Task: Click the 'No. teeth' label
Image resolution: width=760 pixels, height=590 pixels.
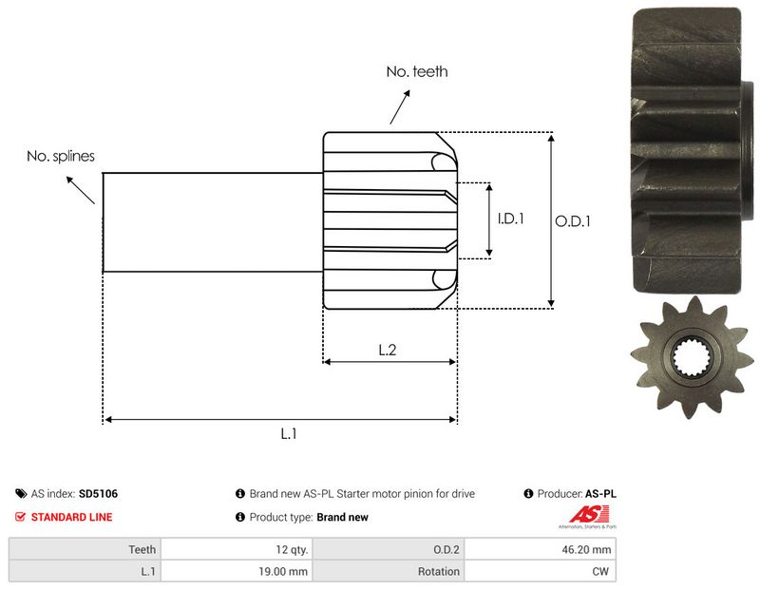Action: click(416, 71)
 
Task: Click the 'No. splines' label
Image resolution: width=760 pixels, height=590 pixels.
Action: click(61, 156)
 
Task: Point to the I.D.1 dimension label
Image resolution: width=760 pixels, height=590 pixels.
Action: click(511, 218)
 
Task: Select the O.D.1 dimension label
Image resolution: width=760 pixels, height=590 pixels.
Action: click(573, 220)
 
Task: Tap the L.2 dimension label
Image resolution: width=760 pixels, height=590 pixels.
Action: click(388, 350)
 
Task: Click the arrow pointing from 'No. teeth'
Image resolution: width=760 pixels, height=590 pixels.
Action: click(399, 106)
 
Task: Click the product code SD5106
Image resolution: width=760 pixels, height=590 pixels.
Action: click(99, 494)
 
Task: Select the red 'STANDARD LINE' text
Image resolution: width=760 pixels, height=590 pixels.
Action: click(71, 518)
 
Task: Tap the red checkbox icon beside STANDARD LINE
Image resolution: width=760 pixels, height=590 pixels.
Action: click(21, 518)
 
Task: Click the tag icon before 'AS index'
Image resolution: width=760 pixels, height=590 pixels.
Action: click(21, 494)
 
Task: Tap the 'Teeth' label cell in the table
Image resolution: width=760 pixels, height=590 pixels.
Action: click(85, 549)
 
